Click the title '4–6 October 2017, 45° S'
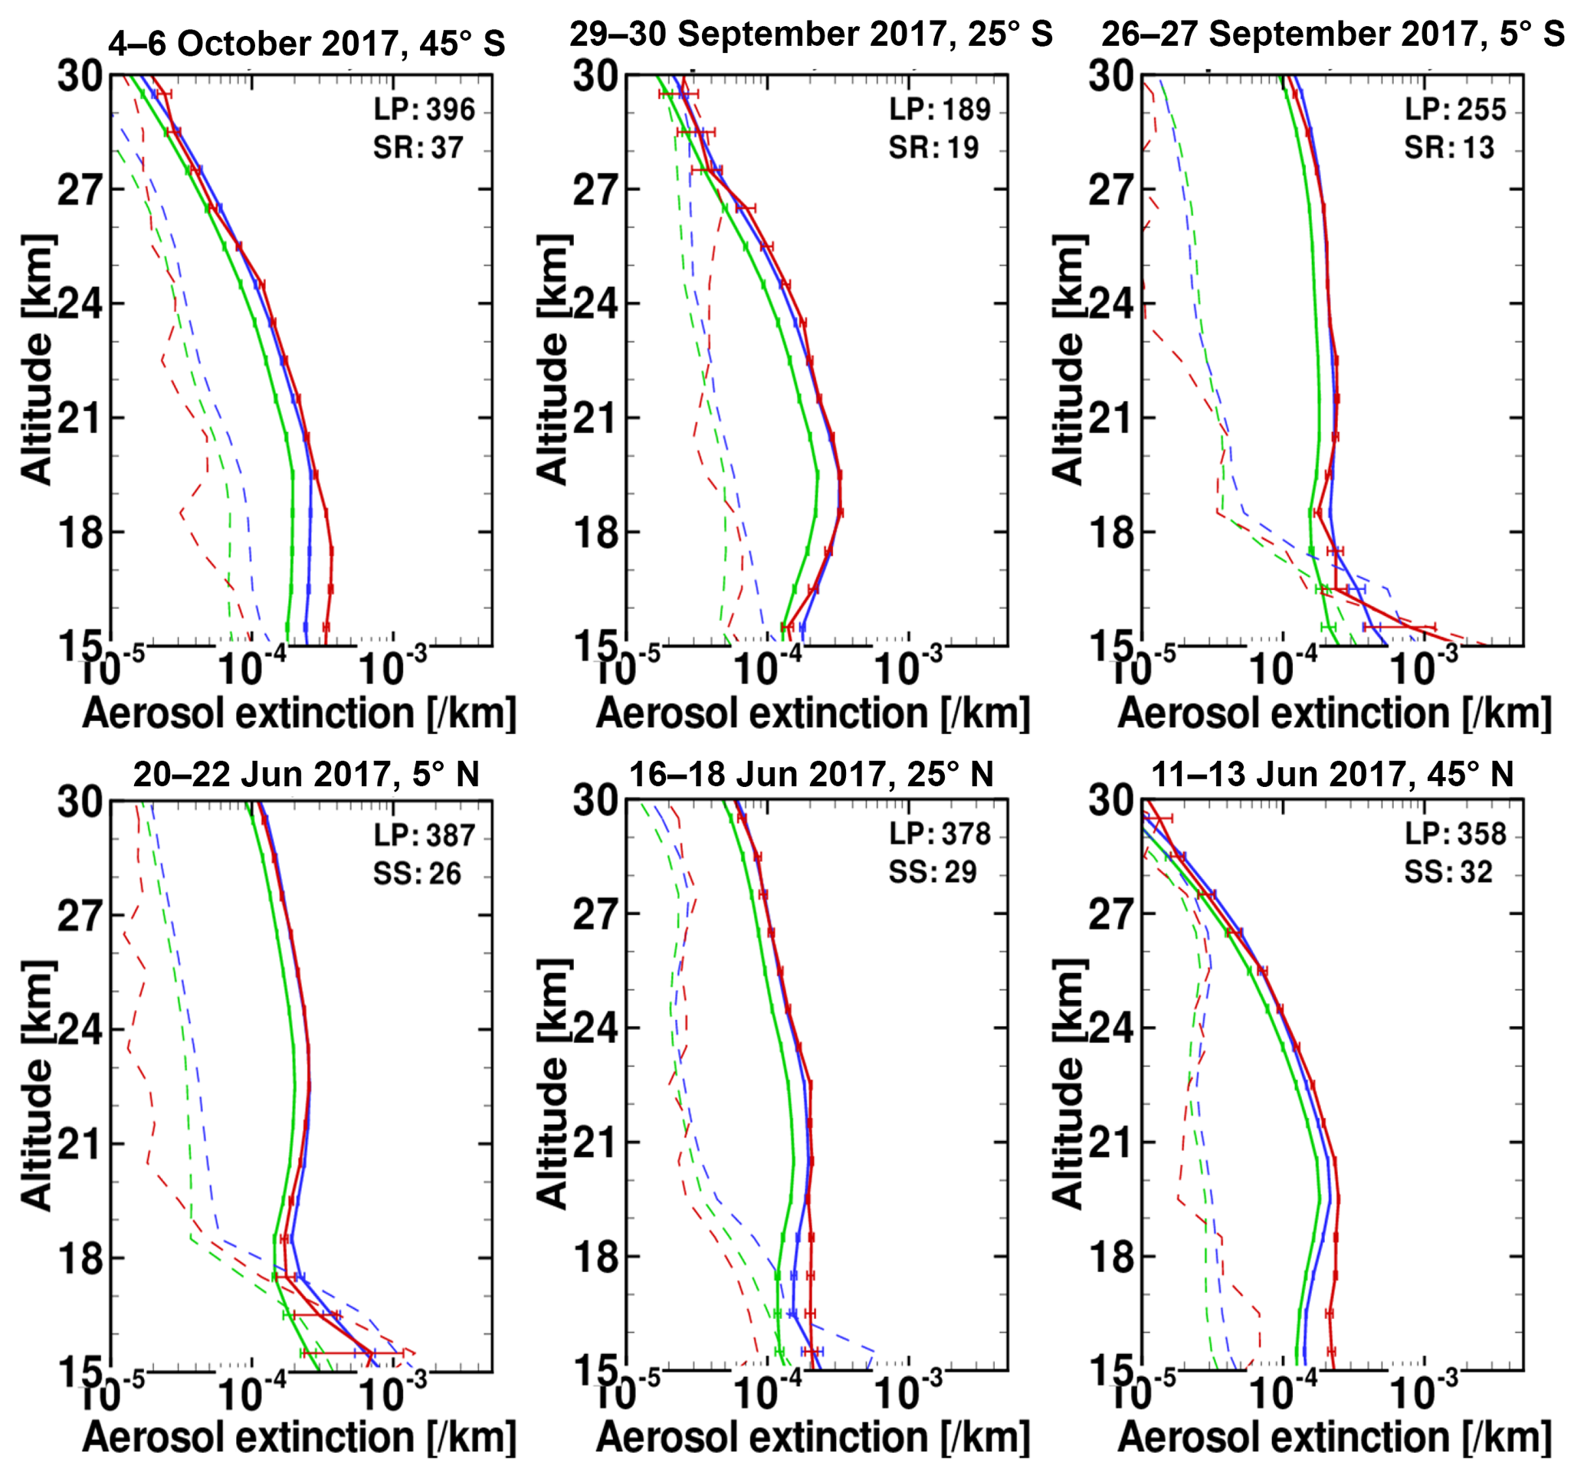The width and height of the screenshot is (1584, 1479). (307, 44)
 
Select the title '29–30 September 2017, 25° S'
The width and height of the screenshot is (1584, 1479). (811, 34)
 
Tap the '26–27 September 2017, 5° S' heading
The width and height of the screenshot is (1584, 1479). (1333, 34)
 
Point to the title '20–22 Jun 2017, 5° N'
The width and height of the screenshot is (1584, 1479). (306, 775)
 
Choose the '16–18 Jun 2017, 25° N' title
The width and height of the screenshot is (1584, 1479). (811, 775)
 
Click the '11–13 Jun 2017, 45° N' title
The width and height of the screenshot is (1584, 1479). (1332, 775)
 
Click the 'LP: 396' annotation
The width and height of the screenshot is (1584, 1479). (424, 109)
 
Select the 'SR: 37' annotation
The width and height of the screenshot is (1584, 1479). (418, 147)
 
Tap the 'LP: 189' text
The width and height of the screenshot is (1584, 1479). (940, 109)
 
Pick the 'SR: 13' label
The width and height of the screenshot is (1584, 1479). (1449, 147)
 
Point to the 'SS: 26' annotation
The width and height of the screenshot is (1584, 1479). (418, 874)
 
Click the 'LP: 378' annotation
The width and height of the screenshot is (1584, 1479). (940, 835)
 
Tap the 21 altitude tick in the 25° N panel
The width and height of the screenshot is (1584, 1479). (595, 1143)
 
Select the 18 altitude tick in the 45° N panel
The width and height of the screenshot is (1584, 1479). (1110, 1258)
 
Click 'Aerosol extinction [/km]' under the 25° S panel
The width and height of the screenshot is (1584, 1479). (813, 713)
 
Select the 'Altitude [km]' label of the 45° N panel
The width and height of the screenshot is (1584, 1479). (1067, 1084)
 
